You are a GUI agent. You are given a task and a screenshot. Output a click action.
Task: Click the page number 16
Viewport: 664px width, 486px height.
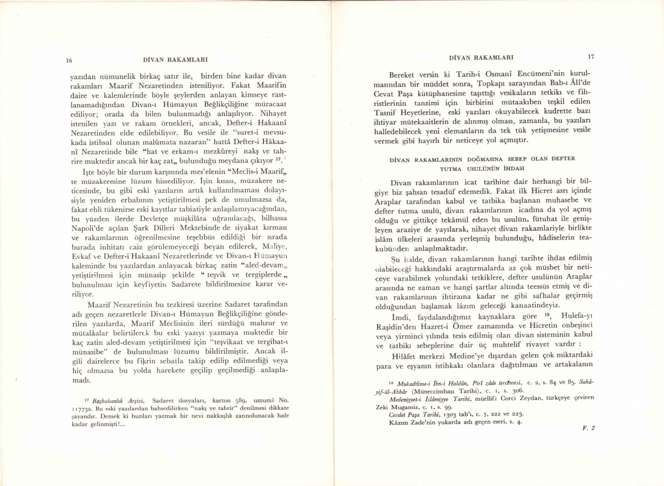pyautogui.click(x=69, y=60)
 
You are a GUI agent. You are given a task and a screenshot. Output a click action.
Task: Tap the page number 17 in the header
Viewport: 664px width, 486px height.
pyautogui.click(x=591, y=57)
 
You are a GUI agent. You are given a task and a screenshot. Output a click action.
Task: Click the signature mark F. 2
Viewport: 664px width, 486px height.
pyautogui.click(x=588, y=428)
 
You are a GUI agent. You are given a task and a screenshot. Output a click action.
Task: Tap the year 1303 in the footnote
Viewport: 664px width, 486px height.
pyautogui.click(x=448, y=414)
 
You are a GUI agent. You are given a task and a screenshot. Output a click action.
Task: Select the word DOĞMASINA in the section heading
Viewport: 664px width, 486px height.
pyautogui.click(x=485, y=159)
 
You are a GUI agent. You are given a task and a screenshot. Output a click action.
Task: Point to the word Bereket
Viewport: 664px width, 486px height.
pyautogui.click(x=401, y=75)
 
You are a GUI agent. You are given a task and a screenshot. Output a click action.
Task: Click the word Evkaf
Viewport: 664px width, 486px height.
pyautogui.click(x=81, y=257)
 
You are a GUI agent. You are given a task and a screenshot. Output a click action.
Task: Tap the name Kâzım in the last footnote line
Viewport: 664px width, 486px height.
pyautogui.click(x=398, y=422)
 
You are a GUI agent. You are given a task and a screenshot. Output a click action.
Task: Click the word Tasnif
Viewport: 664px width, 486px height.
pyautogui.click(x=386, y=112)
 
